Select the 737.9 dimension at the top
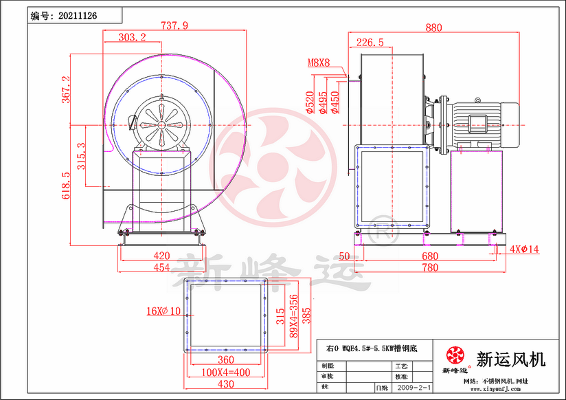coord(174,25)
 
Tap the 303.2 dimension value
coord(132,37)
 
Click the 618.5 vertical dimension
coord(66,186)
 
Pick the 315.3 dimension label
coord(81,156)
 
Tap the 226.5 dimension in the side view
coord(370,43)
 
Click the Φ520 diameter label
coord(310,102)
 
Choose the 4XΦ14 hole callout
coord(525,249)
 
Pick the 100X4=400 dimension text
coord(226,372)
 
